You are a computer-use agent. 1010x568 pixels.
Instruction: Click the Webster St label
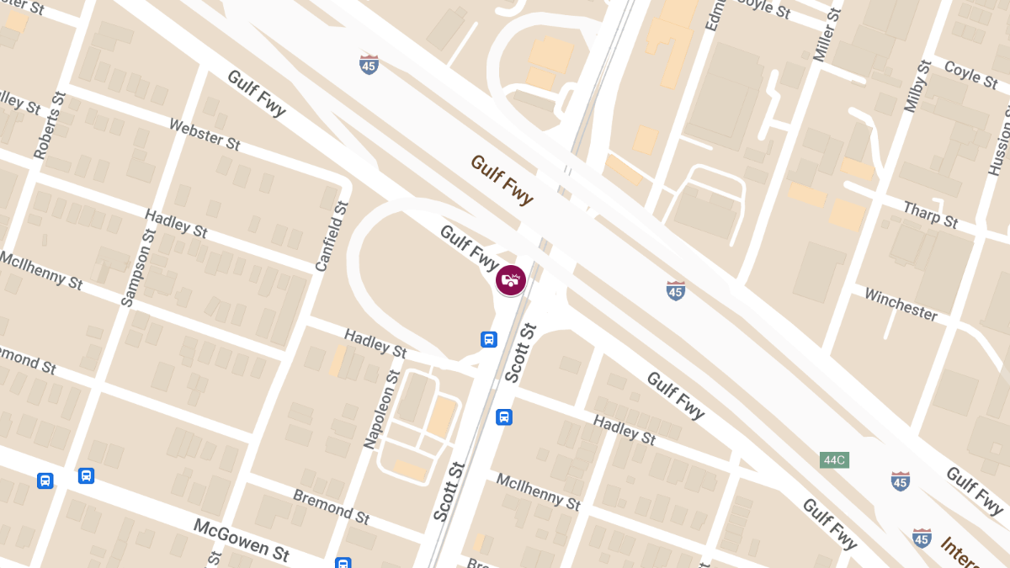205,134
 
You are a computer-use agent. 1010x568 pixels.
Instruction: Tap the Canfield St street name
331,236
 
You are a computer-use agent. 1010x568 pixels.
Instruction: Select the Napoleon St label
380,407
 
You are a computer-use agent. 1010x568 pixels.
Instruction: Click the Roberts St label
48,125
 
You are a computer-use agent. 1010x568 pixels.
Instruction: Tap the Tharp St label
930,215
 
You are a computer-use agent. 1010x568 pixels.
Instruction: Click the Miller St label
827,35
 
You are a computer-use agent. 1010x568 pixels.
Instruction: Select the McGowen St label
242,539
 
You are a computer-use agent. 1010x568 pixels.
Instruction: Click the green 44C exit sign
834,460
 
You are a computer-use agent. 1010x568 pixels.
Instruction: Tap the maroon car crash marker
511,279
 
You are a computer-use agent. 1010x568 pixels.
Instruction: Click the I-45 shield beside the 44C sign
900,481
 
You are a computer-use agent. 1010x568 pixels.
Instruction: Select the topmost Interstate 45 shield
369,64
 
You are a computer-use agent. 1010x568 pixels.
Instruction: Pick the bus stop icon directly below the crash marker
488,339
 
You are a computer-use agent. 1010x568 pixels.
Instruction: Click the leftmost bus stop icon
45,480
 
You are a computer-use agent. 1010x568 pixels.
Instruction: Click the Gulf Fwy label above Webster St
256,93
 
